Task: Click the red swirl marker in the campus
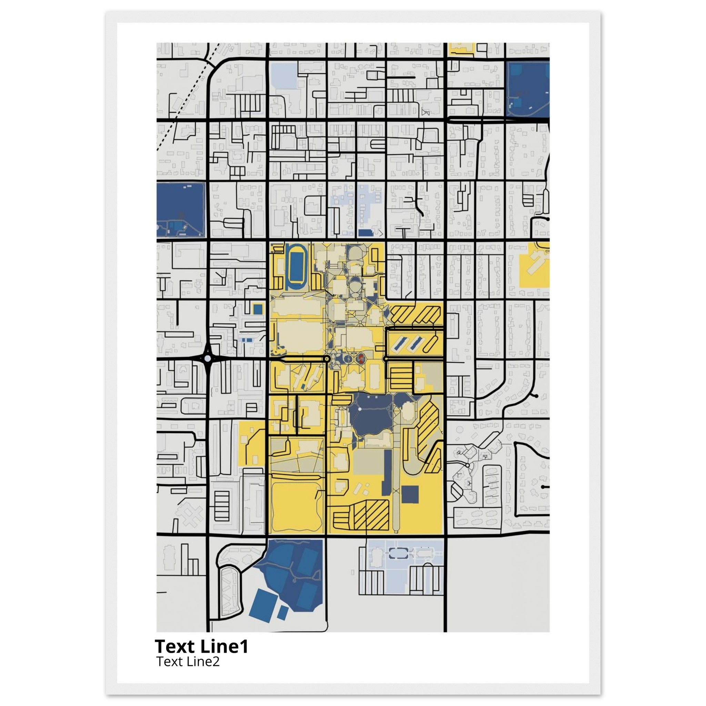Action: click(361, 358)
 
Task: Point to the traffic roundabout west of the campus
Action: click(208, 359)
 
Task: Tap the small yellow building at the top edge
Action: click(462, 49)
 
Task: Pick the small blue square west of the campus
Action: click(258, 309)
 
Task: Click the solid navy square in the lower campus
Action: click(410, 494)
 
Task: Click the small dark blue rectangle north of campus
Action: click(364, 233)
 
